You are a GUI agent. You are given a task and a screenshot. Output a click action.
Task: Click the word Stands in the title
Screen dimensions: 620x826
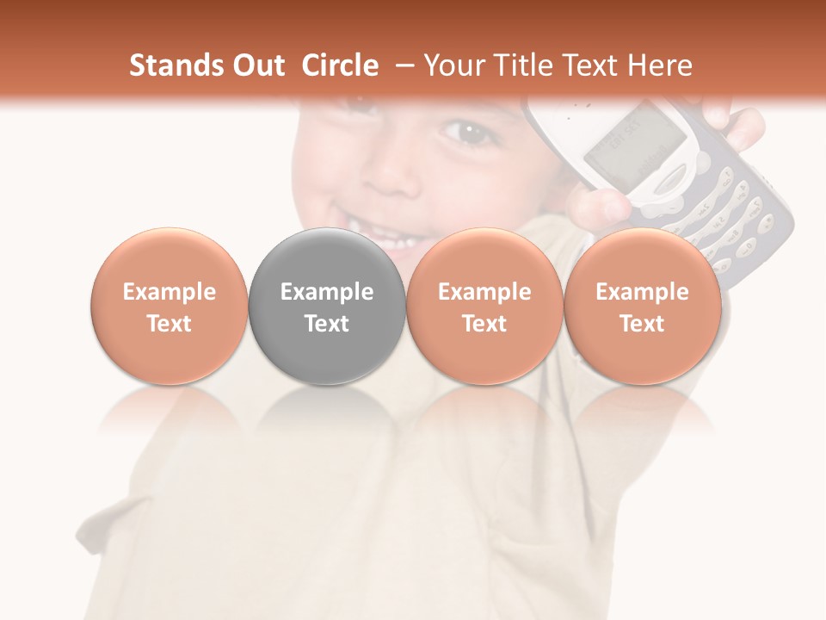[x=170, y=65]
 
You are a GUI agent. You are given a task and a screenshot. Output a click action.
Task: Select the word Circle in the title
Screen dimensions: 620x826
[x=340, y=65]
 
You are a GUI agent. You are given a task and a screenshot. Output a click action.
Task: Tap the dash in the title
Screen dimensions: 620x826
[x=403, y=66]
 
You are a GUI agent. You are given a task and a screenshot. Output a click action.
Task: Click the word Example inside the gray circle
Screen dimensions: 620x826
[x=327, y=292]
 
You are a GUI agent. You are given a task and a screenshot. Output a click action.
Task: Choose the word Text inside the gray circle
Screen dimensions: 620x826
[x=327, y=324]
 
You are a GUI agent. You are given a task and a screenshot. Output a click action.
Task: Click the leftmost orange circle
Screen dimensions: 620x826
[x=170, y=307]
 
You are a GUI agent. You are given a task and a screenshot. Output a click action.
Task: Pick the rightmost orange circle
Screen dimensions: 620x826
[x=643, y=307]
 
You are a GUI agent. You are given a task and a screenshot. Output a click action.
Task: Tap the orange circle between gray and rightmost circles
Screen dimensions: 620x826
[x=484, y=307]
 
